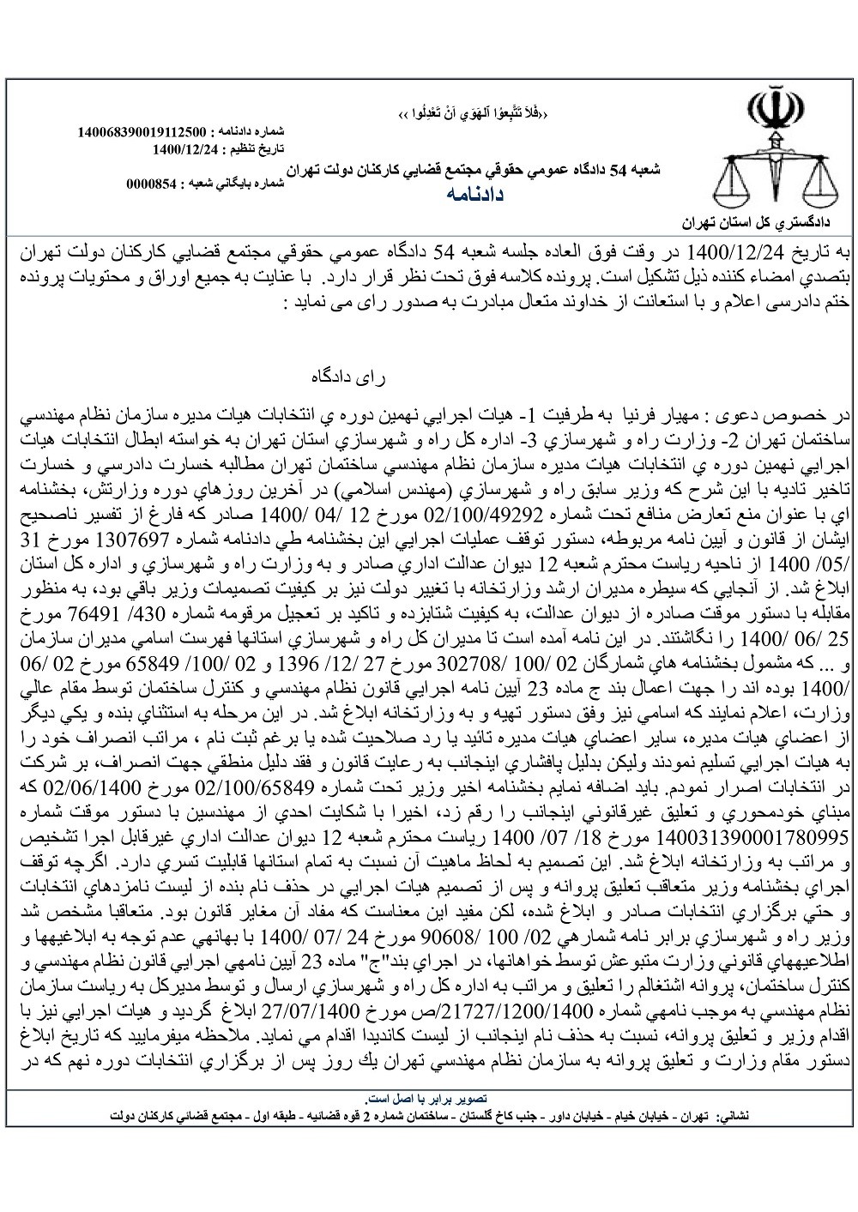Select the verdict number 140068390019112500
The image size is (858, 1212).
tap(141, 133)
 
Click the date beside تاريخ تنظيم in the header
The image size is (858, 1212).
tap(185, 148)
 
